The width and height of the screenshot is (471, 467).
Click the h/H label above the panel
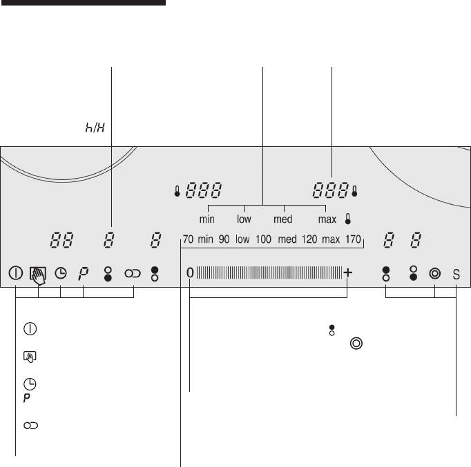point(95,128)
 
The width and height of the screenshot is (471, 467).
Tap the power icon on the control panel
point(16,273)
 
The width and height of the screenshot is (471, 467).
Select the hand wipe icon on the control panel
point(38,275)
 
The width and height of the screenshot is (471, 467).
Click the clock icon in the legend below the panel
point(30,384)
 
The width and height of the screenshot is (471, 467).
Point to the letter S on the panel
point(456,274)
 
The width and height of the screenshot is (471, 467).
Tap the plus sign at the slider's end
point(347,272)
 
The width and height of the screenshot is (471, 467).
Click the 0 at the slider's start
point(190,273)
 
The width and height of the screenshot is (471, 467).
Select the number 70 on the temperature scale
point(188,239)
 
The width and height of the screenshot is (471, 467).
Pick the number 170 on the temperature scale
point(353,239)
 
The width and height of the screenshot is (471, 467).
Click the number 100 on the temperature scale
point(263,239)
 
